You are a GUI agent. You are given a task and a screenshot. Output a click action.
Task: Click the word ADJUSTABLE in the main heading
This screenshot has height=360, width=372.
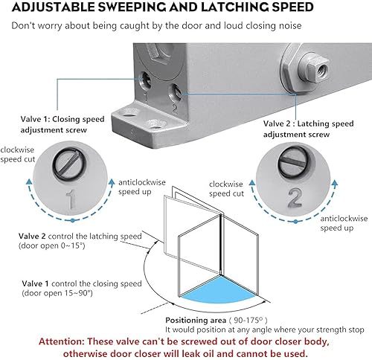[53, 7]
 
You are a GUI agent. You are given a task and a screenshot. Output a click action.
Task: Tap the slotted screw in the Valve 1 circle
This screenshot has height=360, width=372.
[69, 164]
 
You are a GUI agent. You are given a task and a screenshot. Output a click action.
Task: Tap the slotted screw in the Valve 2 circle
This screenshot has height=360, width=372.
[294, 163]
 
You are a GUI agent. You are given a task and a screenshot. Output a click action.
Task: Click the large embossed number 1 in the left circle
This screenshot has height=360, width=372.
[71, 199]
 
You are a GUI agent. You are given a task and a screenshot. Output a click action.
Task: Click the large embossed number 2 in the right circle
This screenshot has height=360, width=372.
[295, 198]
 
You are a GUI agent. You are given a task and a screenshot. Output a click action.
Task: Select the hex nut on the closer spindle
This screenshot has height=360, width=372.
[314, 68]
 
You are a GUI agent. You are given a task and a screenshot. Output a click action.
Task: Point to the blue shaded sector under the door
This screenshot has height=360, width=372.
[218, 289]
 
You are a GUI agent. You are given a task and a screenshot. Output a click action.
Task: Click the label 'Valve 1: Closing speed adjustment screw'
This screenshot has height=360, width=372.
[62, 124]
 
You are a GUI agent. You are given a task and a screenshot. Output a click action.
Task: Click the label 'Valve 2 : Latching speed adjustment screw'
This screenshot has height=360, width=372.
[308, 129]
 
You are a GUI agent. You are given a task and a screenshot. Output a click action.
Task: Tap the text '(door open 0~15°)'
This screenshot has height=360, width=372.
[52, 245]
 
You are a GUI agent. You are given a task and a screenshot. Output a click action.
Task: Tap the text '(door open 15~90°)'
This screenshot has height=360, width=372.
[57, 293]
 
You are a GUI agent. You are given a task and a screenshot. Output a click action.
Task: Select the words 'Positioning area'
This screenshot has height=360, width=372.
[196, 320]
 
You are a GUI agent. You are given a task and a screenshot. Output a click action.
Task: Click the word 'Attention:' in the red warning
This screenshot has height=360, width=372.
[62, 341]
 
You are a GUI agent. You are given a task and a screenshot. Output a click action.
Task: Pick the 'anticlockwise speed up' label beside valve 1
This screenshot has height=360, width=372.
[142, 187]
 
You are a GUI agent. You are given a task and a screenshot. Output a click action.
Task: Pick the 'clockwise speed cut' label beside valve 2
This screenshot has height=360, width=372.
[226, 189]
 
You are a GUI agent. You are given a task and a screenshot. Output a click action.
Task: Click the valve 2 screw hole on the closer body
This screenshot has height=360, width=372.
[176, 92]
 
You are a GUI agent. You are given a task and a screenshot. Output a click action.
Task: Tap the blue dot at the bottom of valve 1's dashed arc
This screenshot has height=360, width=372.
[72, 220]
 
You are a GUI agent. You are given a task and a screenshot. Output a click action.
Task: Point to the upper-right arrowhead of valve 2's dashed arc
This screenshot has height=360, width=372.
[335, 184]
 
